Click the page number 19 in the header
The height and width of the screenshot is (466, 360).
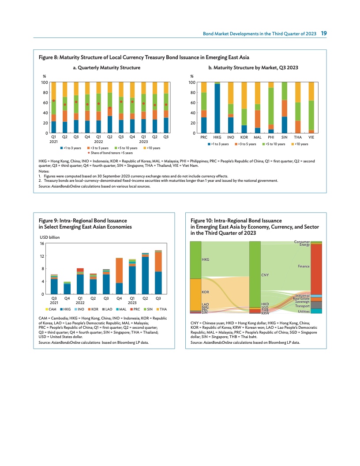click(x=323, y=34)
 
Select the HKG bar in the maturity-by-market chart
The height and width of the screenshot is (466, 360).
click(x=217, y=108)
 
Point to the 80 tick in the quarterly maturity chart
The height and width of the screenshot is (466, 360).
click(x=45, y=93)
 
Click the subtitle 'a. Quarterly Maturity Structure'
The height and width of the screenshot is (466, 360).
click(x=106, y=68)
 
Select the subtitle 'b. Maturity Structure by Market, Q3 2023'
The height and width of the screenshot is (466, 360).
click(x=255, y=68)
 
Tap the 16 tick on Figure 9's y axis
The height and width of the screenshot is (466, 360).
click(x=42, y=244)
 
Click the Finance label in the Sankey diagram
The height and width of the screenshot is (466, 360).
click(x=303, y=267)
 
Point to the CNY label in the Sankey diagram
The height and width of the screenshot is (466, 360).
click(x=265, y=275)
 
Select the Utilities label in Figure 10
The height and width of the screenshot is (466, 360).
click(x=303, y=312)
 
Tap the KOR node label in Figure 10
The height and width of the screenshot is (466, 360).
click(x=205, y=292)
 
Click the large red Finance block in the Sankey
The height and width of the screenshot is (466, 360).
click(x=316, y=269)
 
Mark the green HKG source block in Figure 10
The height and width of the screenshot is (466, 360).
click(x=195, y=260)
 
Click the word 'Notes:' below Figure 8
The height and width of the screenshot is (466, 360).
click(x=45, y=171)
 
